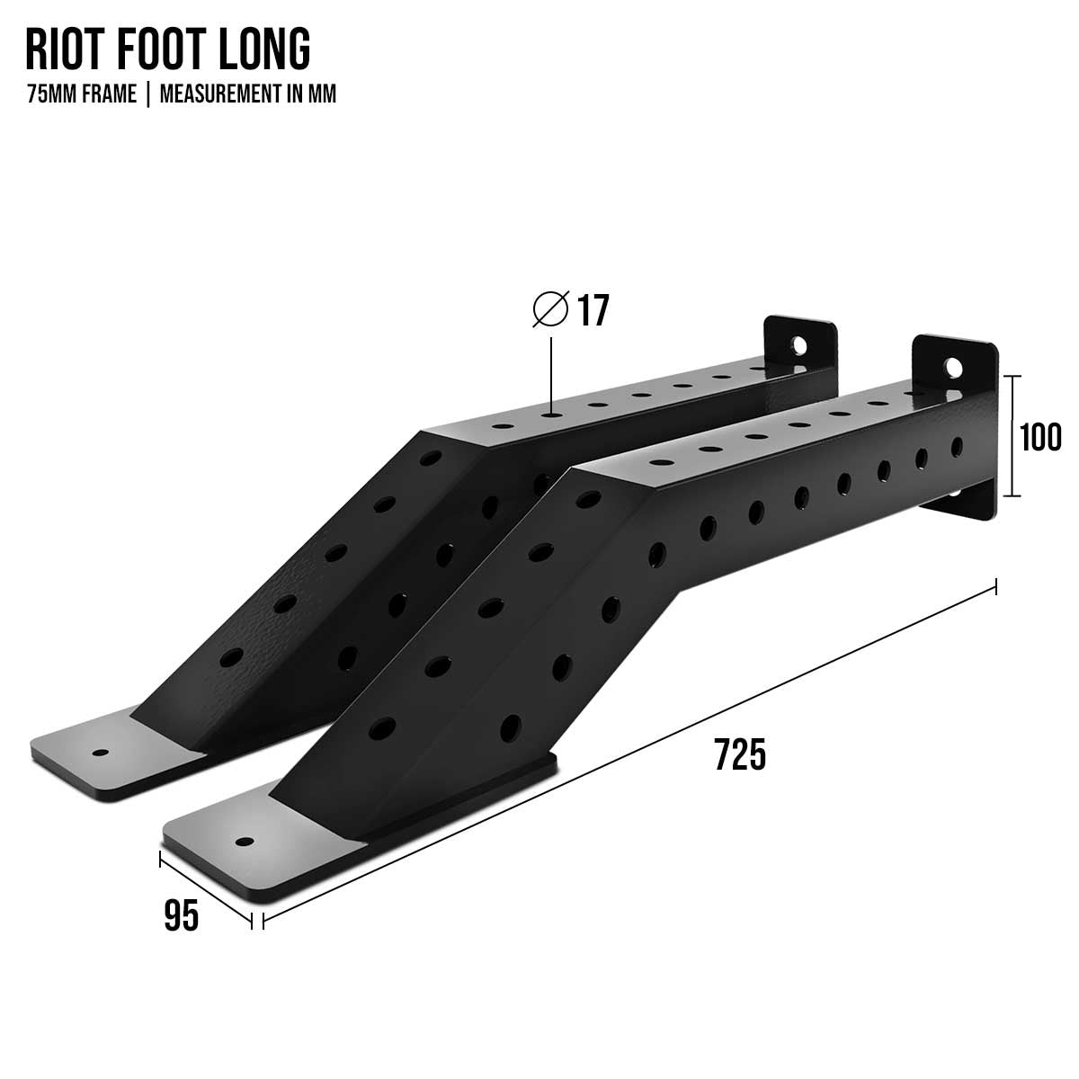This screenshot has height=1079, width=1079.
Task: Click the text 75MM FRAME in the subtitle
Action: [82, 94]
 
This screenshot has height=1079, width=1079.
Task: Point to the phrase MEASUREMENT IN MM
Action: [248, 94]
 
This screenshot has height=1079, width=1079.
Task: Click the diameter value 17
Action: [593, 311]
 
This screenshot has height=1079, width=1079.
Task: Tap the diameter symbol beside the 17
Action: [550, 310]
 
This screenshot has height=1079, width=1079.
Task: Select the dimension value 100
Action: [1040, 439]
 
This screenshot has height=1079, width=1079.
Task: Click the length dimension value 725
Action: [740, 754]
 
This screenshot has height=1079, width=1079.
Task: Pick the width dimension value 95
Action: [182, 917]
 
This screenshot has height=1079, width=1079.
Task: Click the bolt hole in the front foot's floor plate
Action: [243, 843]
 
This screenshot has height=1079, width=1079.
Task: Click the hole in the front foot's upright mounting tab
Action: [952, 367]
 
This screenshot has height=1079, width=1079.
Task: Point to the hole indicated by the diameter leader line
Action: [550, 415]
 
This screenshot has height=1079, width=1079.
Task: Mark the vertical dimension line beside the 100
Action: [1013, 436]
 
